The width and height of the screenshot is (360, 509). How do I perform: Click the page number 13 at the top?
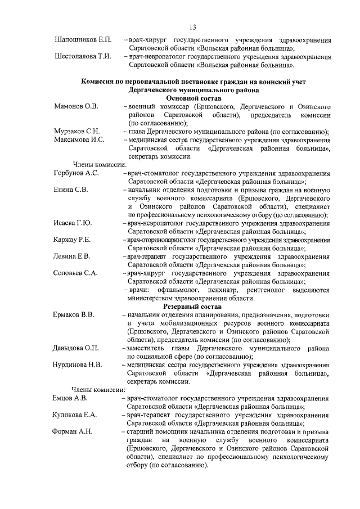coord(192,27)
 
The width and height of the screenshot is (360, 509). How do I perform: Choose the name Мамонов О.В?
coord(76,106)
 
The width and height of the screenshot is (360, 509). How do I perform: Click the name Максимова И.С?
coord(79,139)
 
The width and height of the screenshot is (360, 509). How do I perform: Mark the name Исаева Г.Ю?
coord(73,223)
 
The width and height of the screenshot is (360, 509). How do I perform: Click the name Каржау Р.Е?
coord(73,240)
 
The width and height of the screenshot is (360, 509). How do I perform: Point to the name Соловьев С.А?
coord(76,273)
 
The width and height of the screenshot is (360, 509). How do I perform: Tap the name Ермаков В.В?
coord(74,315)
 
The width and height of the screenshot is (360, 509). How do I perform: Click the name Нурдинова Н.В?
coord(78,364)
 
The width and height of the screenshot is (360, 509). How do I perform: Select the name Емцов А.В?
coord(70,398)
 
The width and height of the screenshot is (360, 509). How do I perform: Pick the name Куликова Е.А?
coord(76,415)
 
